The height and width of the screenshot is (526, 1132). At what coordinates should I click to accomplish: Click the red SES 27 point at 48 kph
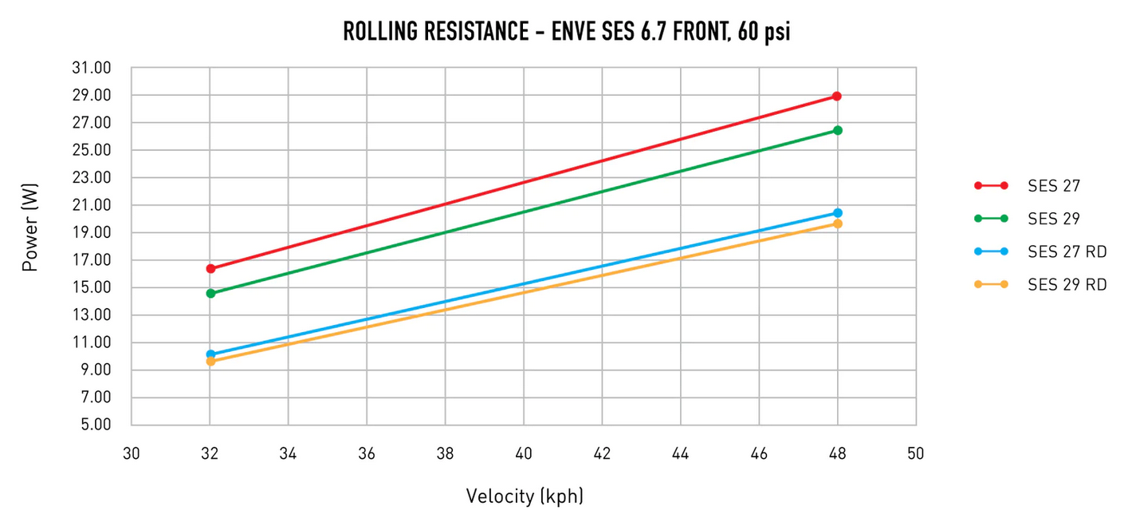pyautogui.click(x=837, y=96)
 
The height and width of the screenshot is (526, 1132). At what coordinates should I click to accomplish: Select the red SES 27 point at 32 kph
pyautogui.click(x=210, y=269)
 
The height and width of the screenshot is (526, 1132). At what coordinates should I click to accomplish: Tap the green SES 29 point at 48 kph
pyautogui.click(x=837, y=130)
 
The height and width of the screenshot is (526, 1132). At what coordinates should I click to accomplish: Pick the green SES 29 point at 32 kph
pyautogui.click(x=210, y=294)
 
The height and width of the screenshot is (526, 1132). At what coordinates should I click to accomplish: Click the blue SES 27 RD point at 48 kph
pyautogui.click(x=837, y=213)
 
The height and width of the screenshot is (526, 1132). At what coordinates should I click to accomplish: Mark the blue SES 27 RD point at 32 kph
pyautogui.click(x=210, y=354)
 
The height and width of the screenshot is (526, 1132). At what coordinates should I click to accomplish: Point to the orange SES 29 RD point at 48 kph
pyautogui.click(x=837, y=223)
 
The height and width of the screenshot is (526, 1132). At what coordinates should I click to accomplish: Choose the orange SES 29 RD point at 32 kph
pyautogui.click(x=210, y=362)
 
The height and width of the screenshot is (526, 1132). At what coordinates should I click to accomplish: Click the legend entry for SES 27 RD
pyautogui.click(x=1067, y=251)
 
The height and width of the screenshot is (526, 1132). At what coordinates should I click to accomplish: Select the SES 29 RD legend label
pyautogui.click(x=1067, y=284)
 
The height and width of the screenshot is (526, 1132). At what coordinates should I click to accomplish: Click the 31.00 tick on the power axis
pyautogui.click(x=91, y=69)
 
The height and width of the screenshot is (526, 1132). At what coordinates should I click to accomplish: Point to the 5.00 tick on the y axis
pyautogui.click(x=94, y=425)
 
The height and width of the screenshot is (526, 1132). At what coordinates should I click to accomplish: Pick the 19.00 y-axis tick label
pyautogui.click(x=91, y=233)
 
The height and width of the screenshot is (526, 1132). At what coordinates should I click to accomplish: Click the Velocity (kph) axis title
pyautogui.click(x=525, y=496)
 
